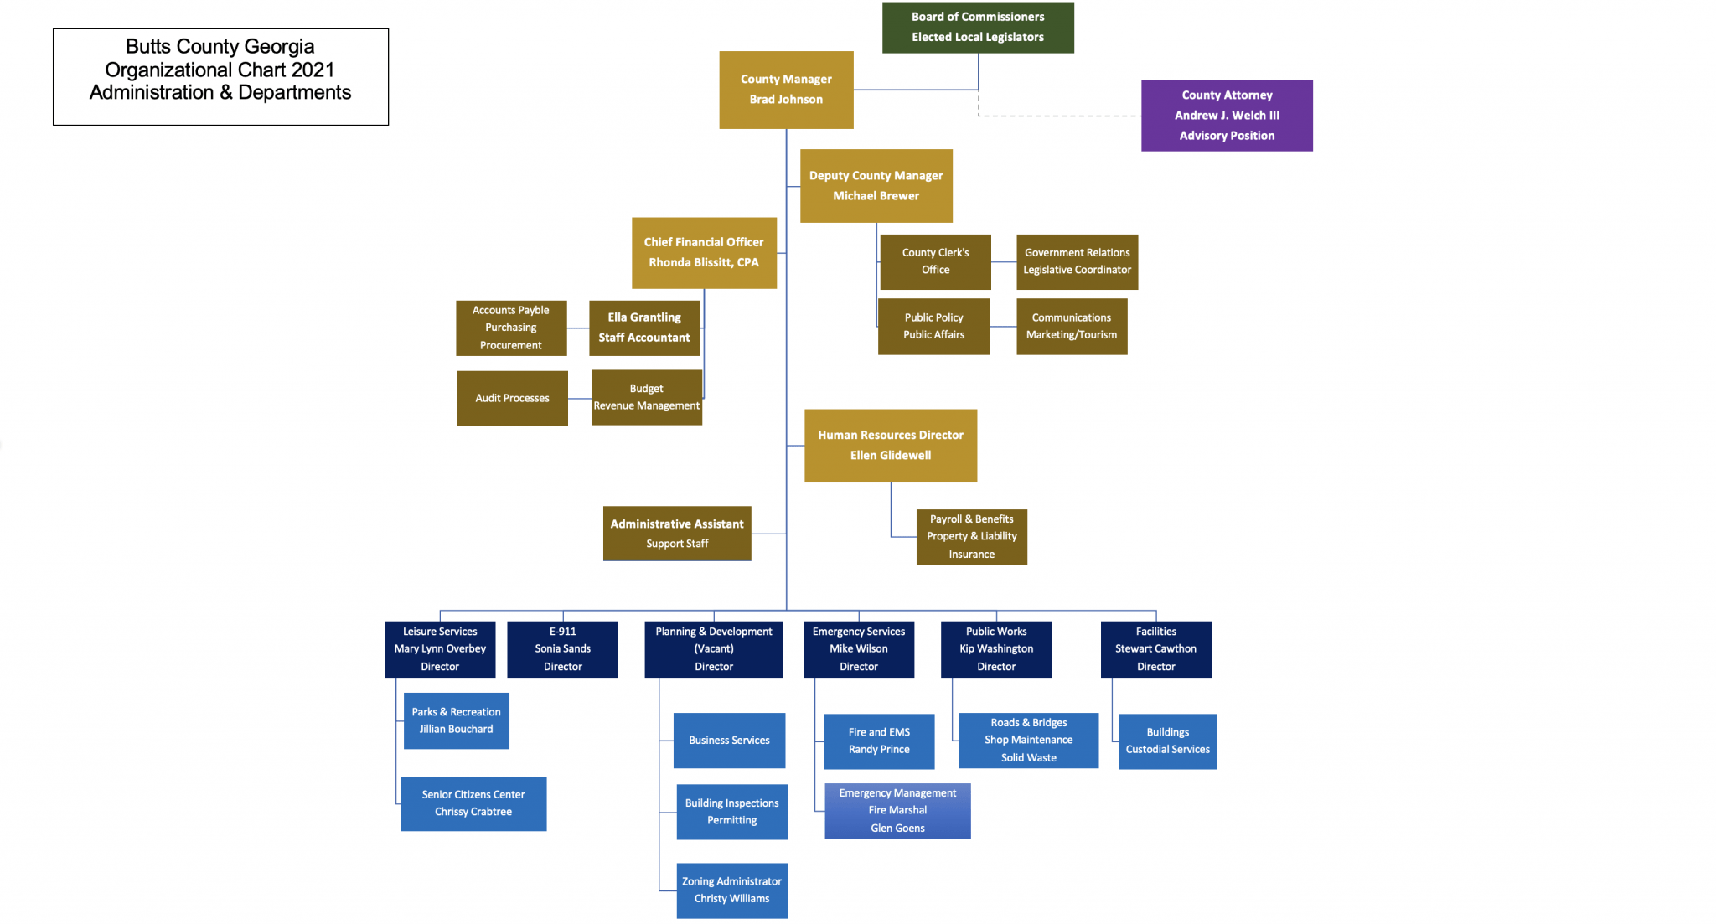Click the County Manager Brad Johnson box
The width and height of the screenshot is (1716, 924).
pyautogui.click(x=786, y=90)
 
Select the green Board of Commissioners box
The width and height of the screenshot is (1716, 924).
pyautogui.click(x=978, y=28)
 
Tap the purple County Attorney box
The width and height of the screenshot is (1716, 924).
pyautogui.click(x=1227, y=116)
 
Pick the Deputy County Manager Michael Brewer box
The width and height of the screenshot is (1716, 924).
pyautogui.click(x=876, y=186)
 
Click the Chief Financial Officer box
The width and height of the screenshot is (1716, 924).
pyautogui.click(x=704, y=253)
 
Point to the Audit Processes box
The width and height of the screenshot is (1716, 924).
pyautogui.click(x=512, y=399)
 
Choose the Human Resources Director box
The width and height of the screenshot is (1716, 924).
pyautogui.click(x=891, y=446)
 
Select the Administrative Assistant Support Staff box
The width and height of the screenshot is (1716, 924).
pyautogui.click(x=677, y=534)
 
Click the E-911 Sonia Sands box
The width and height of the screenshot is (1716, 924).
pyautogui.click(x=563, y=649)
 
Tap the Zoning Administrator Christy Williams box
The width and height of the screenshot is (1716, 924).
pyautogui.click(x=731, y=890)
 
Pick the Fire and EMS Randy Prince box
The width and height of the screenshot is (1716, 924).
pyautogui.click(x=879, y=741)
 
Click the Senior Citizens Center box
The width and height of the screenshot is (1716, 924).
pyautogui.click(x=473, y=803)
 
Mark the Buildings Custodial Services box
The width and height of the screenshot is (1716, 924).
pyautogui.click(x=1167, y=741)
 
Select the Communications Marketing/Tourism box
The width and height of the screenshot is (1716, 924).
pyautogui.click(x=1072, y=327)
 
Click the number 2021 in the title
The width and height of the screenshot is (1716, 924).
pyautogui.click(x=313, y=70)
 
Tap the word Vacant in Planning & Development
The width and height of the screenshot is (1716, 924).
pyautogui.click(x=714, y=649)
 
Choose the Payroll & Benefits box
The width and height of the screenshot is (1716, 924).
pyautogui.click(x=971, y=537)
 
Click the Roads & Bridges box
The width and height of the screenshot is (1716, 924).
pyautogui.click(x=1028, y=741)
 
